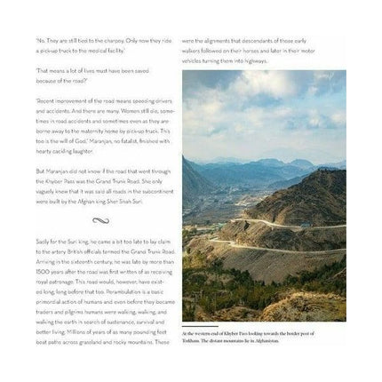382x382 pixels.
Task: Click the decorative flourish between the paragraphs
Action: pos(99,220)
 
